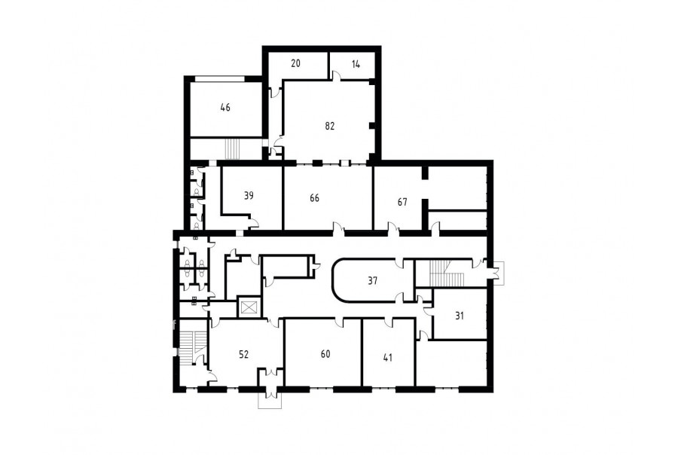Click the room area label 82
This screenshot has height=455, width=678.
[329, 127]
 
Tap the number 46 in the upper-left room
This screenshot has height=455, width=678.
[225, 107]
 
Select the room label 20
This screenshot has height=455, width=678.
[295, 63]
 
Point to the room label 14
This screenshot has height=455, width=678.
[356, 65]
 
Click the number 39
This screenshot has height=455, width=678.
[249, 196]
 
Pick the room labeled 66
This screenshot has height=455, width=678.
[314, 198]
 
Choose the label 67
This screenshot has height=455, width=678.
[402, 202]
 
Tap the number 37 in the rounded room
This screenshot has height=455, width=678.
[372, 281]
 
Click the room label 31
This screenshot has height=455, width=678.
[460, 316]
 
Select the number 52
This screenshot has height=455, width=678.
[244, 355]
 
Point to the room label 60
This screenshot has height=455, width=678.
[325, 354]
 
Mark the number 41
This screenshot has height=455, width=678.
[388, 358]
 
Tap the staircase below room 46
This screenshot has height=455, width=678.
[232, 149]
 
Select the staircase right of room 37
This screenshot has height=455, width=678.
[446, 273]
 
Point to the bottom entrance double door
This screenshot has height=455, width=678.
[270, 392]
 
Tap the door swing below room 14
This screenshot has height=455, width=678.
[337, 75]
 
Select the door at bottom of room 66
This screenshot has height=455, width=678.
[338, 229]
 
